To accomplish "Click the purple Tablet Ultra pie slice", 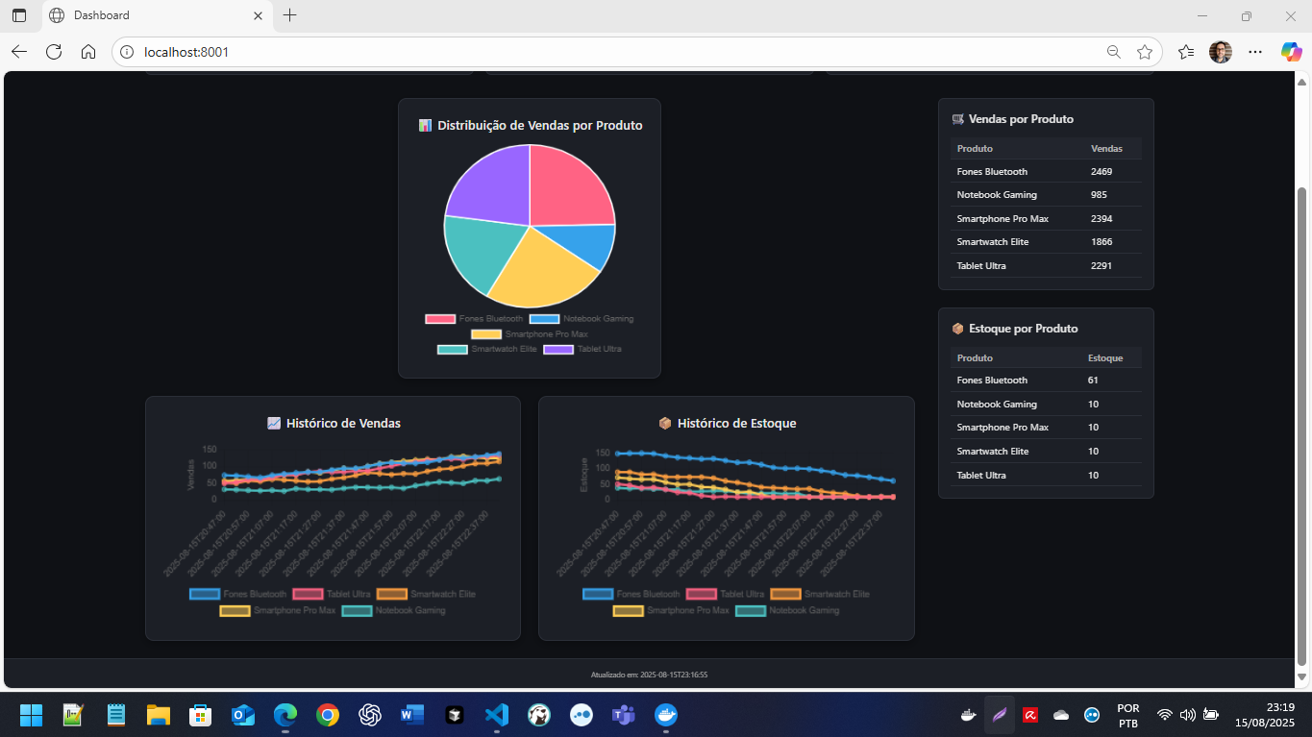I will click(485, 184).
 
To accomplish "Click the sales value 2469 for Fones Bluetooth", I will click(1101, 172).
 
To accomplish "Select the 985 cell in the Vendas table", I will click(1100, 195).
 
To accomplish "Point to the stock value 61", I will click(1093, 381).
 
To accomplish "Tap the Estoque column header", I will click(1104, 358).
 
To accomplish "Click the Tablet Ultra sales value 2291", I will click(1101, 266).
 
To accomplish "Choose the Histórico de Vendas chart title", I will click(343, 424).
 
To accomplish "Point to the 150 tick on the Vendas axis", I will click(209, 450).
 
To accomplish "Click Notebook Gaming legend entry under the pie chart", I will click(582, 319).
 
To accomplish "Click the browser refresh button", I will click(54, 52).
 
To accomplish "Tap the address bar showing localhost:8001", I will click(615, 52).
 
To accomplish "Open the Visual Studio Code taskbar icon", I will click(496, 715).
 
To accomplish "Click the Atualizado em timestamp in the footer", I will click(649, 676).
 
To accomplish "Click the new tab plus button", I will click(290, 15).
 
